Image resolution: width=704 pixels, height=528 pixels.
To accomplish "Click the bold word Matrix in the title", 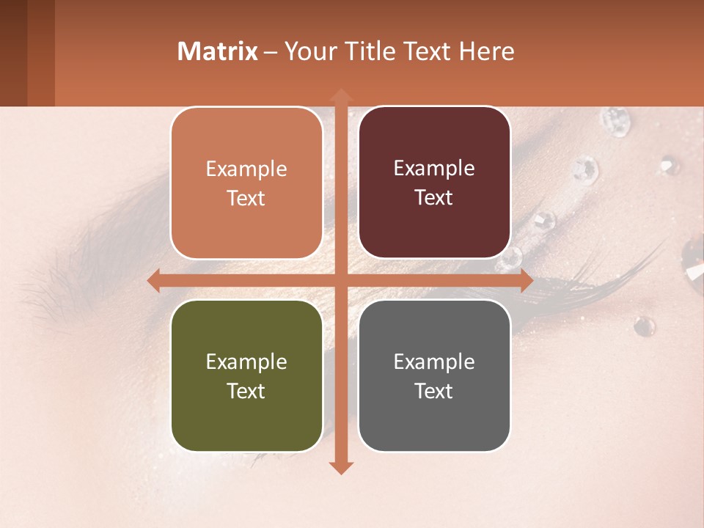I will point(218,51).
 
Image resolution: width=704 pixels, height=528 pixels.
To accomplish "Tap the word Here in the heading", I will point(487,51).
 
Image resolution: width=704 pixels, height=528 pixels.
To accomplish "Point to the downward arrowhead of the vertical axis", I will point(341,467).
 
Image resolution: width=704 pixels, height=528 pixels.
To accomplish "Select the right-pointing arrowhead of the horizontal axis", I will point(526,281).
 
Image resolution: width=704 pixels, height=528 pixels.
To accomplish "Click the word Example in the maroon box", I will point(434,169).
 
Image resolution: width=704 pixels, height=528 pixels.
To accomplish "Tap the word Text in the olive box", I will point(246,391).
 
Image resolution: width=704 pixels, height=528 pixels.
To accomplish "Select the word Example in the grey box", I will point(434,362).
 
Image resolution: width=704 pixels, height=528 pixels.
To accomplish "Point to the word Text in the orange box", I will point(246,198).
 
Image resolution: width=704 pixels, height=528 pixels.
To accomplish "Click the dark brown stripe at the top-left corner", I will point(13,53).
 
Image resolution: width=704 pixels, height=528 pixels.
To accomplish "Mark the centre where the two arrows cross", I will point(341,281).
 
